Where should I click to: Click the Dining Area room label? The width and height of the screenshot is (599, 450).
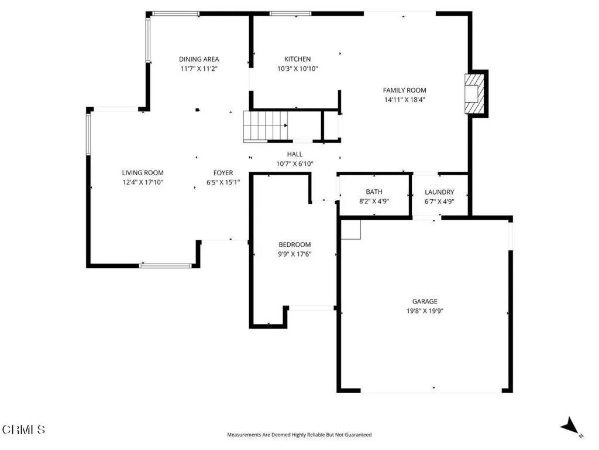click(199, 59)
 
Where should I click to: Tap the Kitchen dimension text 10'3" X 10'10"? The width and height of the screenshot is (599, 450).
click(297, 69)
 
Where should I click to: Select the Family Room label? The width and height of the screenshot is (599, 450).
click(404, 90)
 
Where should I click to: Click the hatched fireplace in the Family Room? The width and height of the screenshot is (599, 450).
click(475, 94)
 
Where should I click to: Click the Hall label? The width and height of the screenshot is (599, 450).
click(295, 154)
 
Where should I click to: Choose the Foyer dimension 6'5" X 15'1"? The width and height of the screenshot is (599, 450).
click(223, 182)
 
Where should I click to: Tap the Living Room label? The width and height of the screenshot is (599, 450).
click(143, 173)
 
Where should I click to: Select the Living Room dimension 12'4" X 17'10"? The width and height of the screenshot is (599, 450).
click(143, 182)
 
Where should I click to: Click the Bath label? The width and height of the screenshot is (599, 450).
click(374, 192)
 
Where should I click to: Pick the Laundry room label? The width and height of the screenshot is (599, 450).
click(439, 192)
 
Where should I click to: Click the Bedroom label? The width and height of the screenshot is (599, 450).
click(294, 244)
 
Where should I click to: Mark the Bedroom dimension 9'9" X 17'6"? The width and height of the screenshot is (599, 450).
click(294, 254)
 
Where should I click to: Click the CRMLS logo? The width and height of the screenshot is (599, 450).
click(23, 430)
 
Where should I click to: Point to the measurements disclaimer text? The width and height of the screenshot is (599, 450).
click(299, 435)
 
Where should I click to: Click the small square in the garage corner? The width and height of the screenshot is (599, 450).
click(351, 229)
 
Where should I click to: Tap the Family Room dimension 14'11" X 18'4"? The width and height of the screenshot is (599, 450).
click(404, 100)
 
